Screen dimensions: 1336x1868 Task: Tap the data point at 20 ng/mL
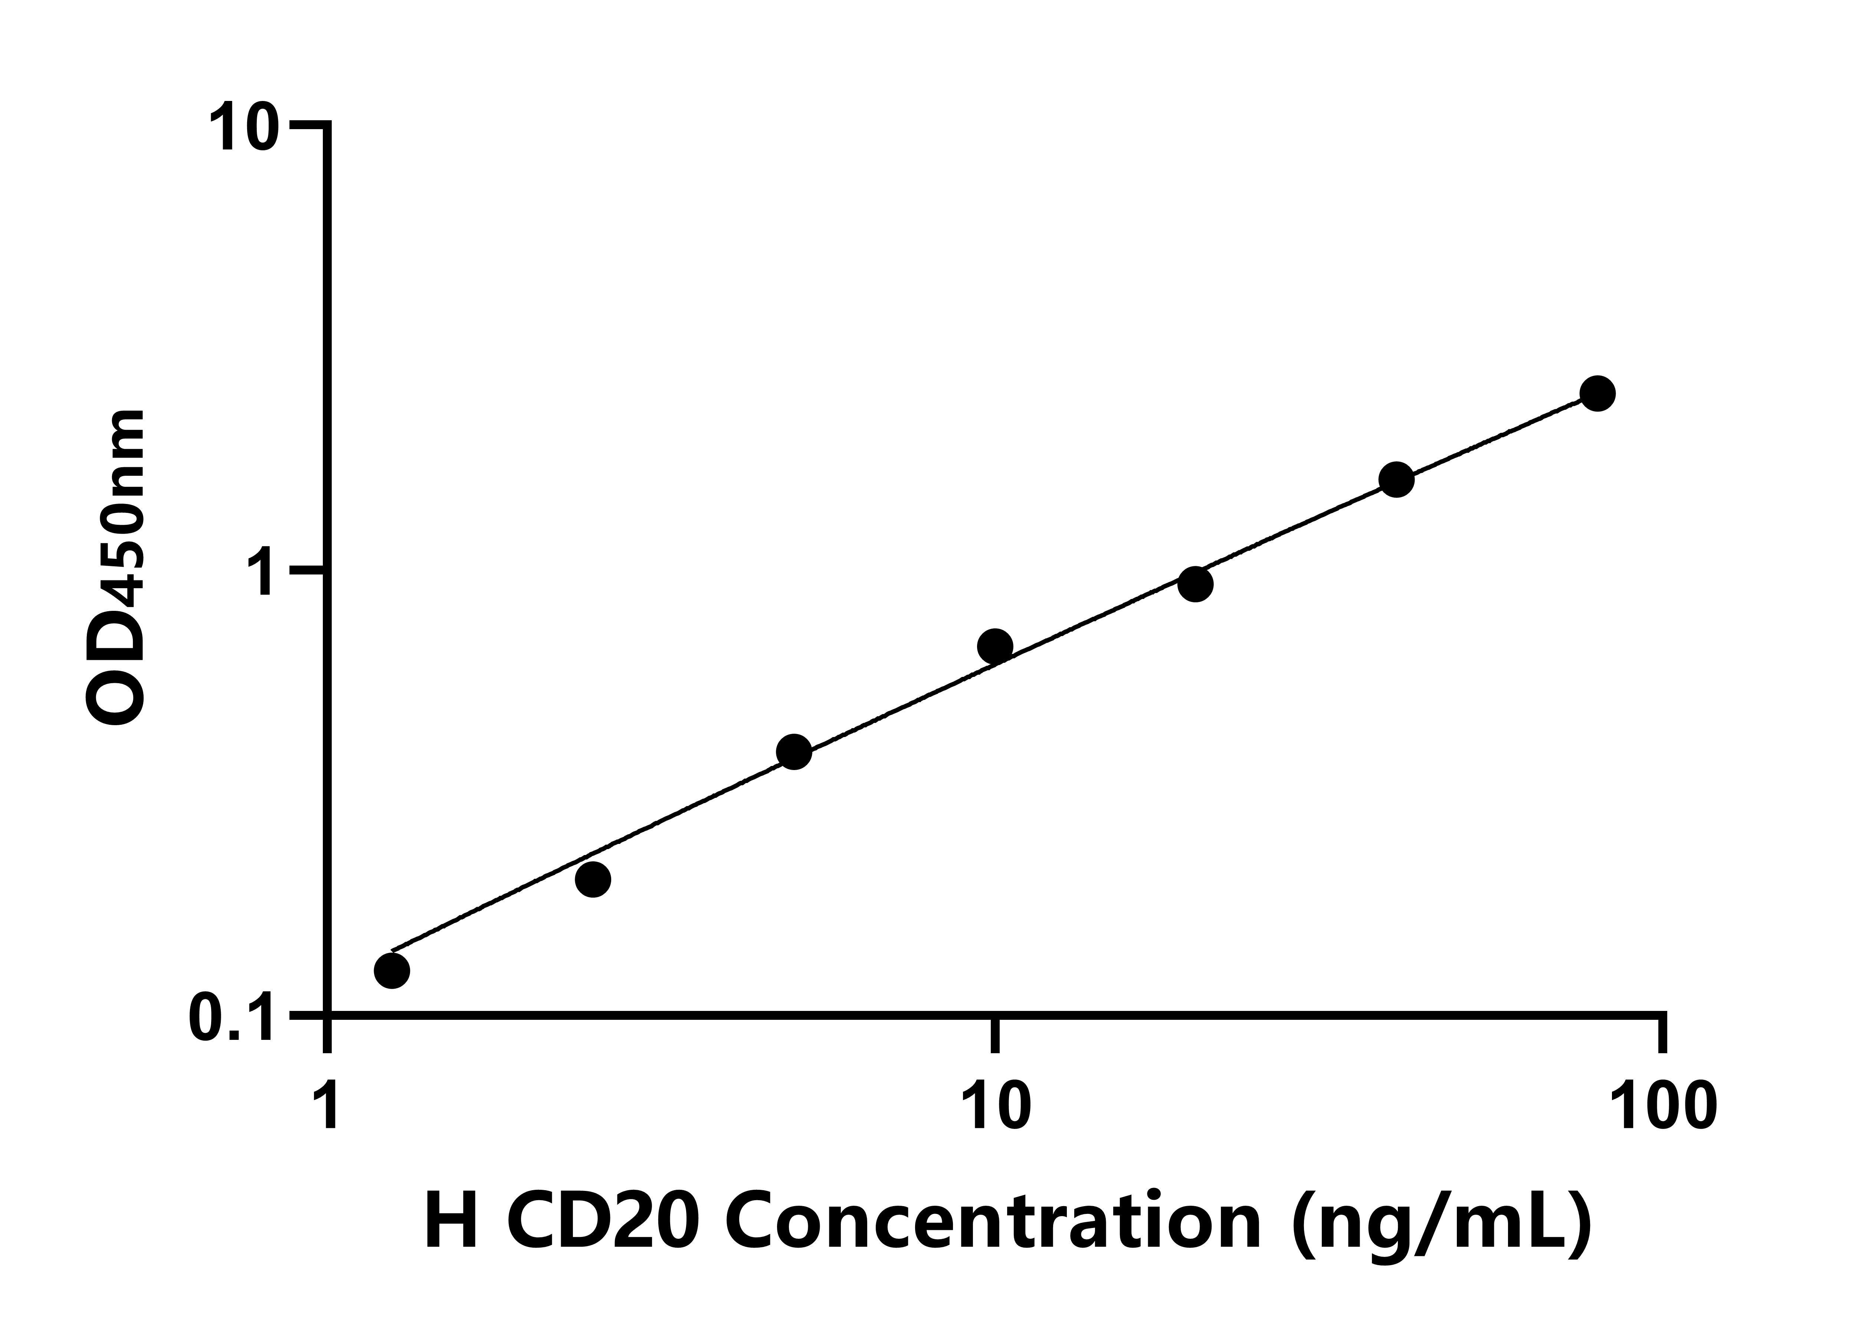tap(1195, 584)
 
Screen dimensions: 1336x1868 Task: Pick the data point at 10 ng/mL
tap(995, 646)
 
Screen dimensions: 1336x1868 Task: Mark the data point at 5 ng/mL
tap(794, 752)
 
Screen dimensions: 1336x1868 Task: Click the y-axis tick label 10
tap(240, 128)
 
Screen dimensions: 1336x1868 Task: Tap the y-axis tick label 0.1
tap(230, 1020)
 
